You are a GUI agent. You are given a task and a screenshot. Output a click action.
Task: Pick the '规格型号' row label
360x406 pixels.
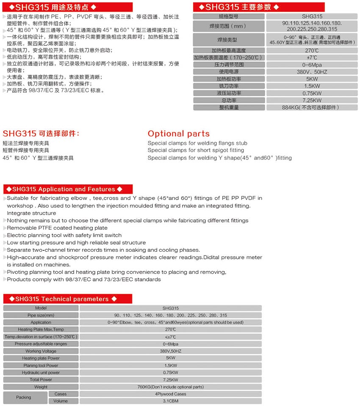tap(228, 16)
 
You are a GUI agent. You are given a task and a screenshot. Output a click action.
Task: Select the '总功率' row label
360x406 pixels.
tap(228, 100)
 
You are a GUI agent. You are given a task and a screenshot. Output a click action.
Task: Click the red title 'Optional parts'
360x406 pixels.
tap(178, 134)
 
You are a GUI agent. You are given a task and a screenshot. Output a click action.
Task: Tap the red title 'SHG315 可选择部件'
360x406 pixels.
tap(41, 134)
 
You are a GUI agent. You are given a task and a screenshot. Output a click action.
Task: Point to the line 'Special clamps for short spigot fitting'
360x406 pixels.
tap(196, 150)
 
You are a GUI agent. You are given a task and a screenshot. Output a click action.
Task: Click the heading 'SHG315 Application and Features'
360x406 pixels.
tap(64, 189)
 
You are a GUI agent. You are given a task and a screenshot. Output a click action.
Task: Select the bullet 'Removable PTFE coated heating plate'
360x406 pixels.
tap(57, 228)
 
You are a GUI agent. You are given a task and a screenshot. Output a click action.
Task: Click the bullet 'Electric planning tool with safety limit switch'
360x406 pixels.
tap(64, 235)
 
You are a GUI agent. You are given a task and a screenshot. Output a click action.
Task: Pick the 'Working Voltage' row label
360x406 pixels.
tap(41, 351)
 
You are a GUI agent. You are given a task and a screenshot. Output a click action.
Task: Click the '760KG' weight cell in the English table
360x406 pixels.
tap(170, 387)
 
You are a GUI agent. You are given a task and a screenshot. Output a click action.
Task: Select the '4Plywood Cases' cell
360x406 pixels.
tap(170, 394)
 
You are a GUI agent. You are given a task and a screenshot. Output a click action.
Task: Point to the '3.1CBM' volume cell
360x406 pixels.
tap(170, 401)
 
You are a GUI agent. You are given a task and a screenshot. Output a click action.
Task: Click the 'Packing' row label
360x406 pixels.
tap(24, 398)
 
